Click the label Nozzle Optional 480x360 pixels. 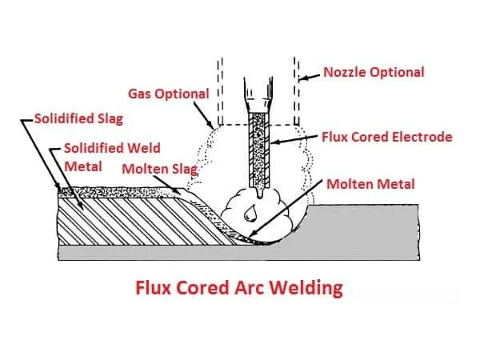[x=374, y=72]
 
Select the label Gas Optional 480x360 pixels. [x=168, y=94]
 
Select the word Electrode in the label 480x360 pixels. [x=424, y=137]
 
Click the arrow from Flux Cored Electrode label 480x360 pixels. [x=296, y=142]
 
